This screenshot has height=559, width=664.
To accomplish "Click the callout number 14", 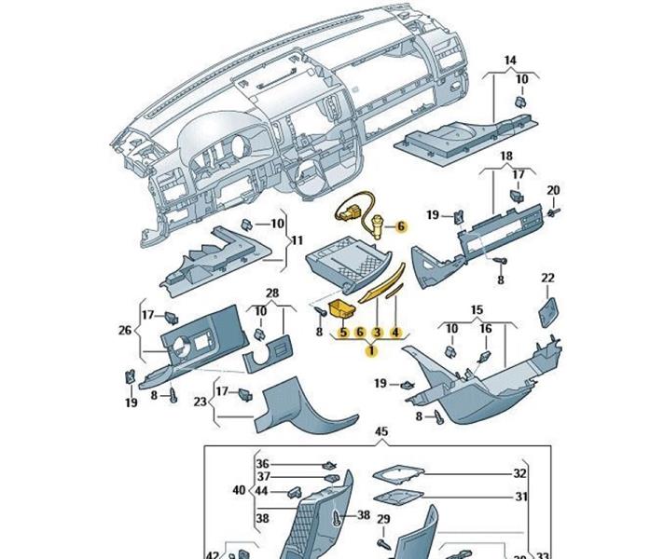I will point(510,61).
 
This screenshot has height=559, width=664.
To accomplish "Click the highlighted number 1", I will point(371,350).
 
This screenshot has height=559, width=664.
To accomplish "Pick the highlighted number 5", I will point(343,332).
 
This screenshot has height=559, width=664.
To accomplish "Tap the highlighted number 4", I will point(395,332).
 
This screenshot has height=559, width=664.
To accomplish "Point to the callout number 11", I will point(297,241).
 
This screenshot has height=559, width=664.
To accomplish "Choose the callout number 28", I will point(272,293).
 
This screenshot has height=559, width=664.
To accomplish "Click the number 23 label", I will point(200,403).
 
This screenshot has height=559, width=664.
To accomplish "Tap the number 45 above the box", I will point(380,432).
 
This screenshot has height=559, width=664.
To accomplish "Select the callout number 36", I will point(262,464).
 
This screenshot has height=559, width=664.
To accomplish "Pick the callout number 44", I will point(262,491).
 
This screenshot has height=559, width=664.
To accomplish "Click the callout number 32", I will point(520,473).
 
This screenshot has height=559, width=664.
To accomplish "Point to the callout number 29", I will point(383,519).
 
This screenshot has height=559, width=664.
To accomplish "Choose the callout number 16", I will point(485,329).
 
